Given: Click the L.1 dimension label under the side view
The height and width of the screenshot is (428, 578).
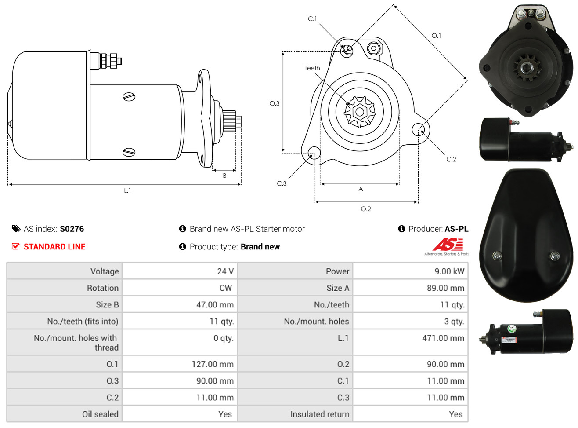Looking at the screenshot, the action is point(127,190).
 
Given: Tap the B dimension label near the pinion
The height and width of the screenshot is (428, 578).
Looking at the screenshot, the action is point(224,176).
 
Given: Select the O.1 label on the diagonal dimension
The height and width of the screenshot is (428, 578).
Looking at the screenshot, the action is point(436,36).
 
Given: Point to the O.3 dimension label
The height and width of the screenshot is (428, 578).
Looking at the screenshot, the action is point(274,104).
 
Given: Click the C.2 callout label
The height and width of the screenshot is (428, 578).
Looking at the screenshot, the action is point(451,159).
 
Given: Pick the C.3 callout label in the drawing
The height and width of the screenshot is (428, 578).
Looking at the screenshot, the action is point(282,183).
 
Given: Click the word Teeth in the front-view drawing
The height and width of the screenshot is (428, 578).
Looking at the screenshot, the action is point(312,68).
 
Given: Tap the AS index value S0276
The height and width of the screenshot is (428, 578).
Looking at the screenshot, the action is point(72,229).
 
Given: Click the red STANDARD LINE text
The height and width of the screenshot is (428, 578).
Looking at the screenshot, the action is point(54,247).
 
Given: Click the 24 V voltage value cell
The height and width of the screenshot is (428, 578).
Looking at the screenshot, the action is point(225,271).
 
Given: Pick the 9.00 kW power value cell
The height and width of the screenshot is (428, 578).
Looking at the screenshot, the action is point(449,271).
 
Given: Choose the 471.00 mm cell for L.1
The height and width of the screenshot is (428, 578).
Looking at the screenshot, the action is point(443,338).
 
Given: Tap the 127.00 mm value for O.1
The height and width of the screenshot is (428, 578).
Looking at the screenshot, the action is point(213,364).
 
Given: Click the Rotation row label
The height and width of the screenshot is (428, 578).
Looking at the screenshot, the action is point(103,288).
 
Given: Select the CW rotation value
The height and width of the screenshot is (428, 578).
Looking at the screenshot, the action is point(226,288).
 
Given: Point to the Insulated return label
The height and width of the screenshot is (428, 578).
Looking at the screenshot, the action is point(319,414).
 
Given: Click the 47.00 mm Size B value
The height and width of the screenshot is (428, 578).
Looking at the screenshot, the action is point(215,304).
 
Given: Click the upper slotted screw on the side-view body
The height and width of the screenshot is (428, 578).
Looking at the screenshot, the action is point(129,97).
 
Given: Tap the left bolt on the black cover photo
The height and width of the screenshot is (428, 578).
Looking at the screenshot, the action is point(497,255).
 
